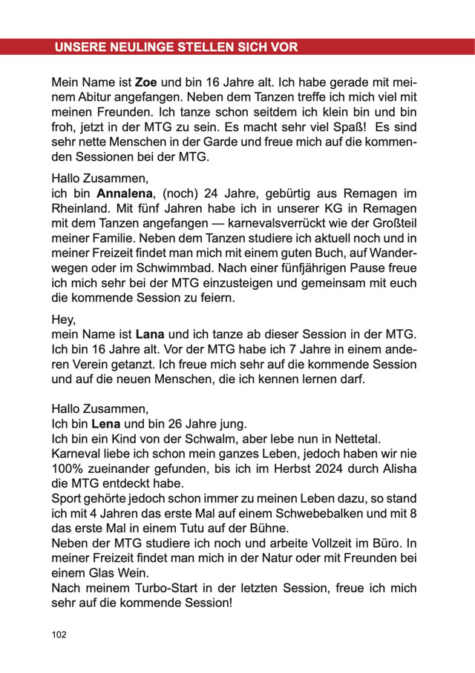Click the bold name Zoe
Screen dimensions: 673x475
(x=145, y=82)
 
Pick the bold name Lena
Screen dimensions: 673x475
(x=105, y=424)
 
